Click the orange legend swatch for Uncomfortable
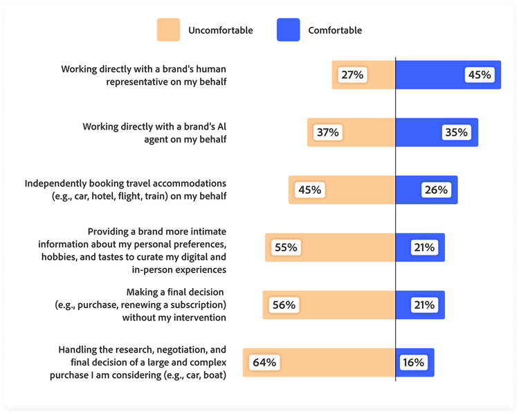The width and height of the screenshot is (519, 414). click(168, 30)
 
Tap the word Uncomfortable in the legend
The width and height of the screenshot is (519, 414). click(220, 30)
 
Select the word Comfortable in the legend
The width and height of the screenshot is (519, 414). click(335, 30)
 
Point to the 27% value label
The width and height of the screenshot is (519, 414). click(352, 75)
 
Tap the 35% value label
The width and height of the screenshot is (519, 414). click(456, 132)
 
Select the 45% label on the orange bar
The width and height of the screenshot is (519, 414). click(309, 190)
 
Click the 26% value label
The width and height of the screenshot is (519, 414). click(436, 190)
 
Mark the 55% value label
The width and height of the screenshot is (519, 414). click(285, 247)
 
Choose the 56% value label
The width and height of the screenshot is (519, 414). click(283, 305)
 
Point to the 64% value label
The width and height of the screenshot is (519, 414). click(264, 362)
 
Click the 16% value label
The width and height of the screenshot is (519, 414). click(413, 362)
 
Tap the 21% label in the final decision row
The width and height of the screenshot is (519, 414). click(424, 305)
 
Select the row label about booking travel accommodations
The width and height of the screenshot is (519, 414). click(125, 190)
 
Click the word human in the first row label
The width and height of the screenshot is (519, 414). click(210, 69)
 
